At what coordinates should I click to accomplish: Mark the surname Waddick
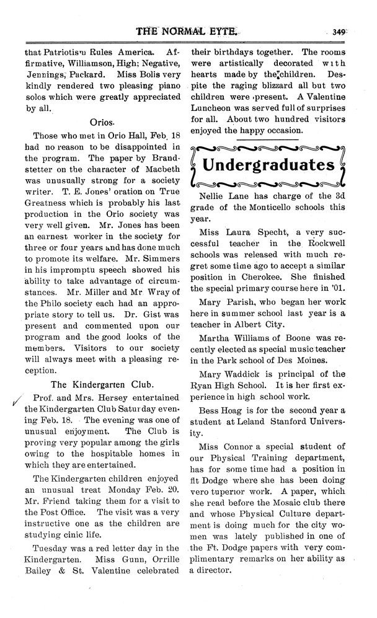[247, 374]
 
